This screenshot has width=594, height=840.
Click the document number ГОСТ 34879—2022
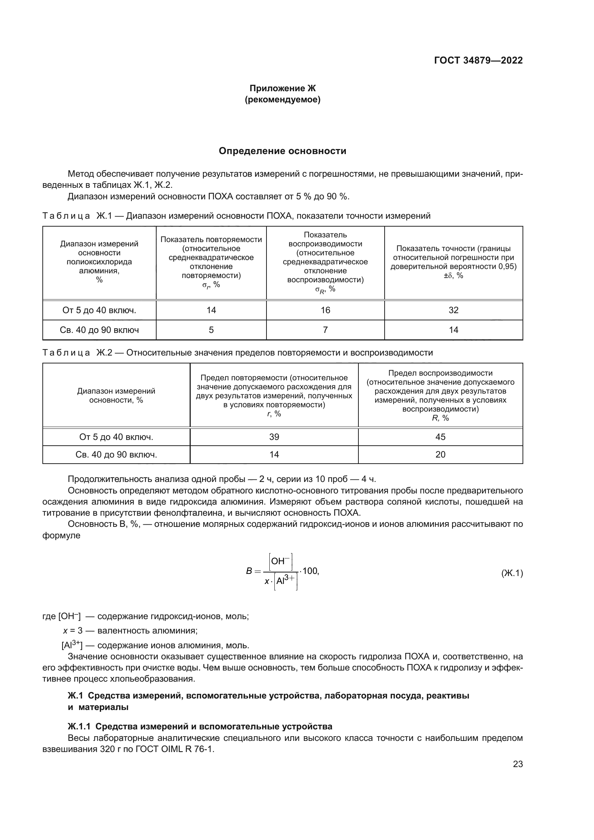478,60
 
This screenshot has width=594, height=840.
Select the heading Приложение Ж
282,88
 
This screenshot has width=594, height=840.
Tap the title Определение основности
282,151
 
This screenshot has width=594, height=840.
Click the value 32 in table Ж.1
453,310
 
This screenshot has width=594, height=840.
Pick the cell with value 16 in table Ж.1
325,310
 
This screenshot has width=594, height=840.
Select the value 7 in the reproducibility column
325,330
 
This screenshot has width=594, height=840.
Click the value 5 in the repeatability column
211,330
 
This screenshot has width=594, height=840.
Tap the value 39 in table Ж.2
274,437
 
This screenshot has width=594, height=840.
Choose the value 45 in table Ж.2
440,437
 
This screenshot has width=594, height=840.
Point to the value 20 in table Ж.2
440,454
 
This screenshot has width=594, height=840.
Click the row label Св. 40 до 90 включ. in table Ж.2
116,454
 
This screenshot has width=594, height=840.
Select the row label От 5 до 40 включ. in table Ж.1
99,310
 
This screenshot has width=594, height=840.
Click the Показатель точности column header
453,262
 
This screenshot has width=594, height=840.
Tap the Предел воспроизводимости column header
440,395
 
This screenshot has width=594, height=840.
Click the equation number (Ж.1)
512,573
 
